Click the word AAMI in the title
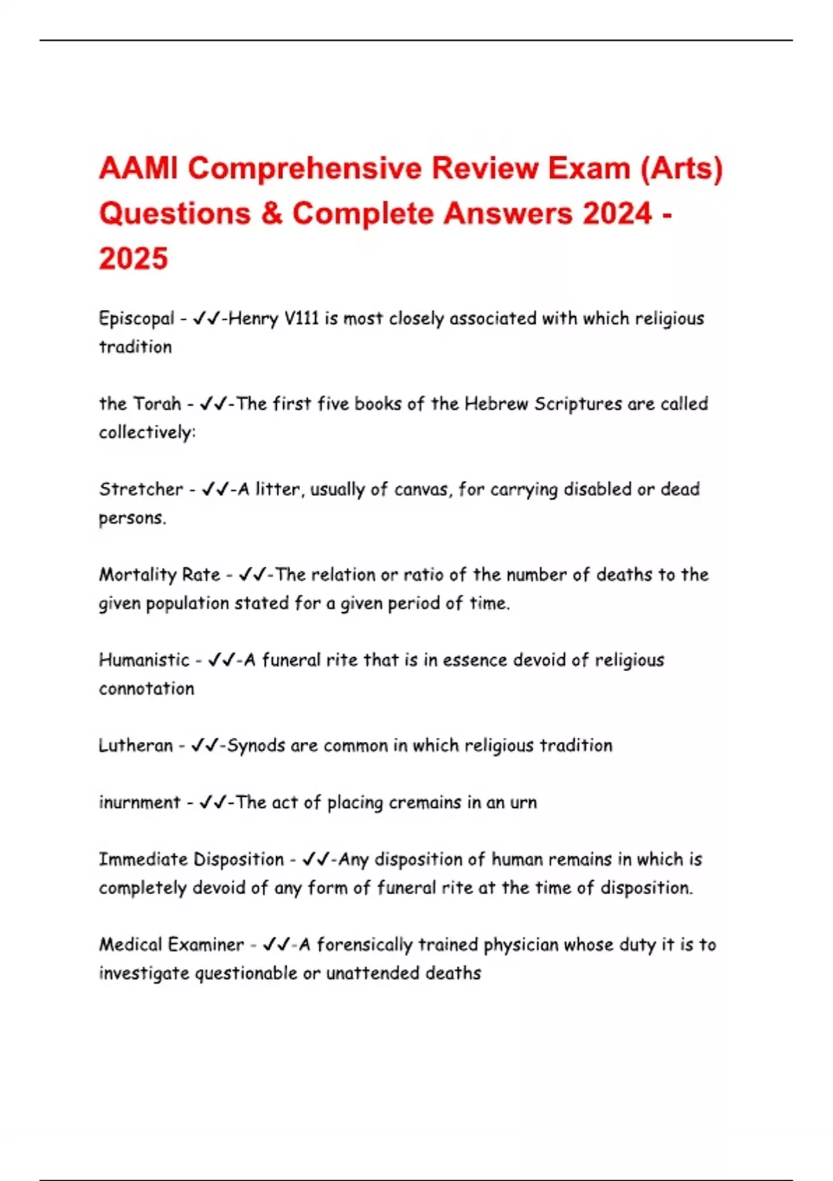coord(139,169)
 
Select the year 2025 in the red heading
coord(133,258)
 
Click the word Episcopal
coord(137,319)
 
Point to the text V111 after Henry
coord(301,319)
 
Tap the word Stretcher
coord(141,489)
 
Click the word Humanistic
coord(144,660)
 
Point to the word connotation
coord(146,688)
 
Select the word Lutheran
coord(135,745)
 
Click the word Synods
coord(256,745)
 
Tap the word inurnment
coord(140,802)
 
